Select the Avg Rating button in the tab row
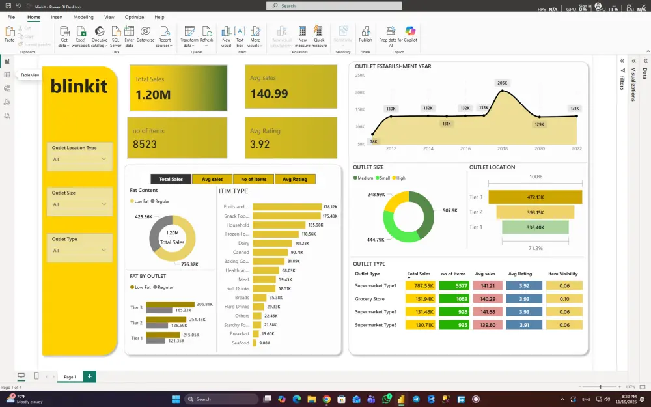[x=295, y=179]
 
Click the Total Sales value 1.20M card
[x=153, y=95]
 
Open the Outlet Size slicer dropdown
[x=104, y=204]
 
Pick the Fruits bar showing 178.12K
[x=286, y=206]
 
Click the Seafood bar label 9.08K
[x=264, y=343]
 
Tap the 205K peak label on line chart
[x=502, y=83]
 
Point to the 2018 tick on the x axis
[x=503, y=148]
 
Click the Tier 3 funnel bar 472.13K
[x=535, y=197]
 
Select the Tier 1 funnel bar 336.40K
[x=535, y=227]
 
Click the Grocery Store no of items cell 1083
[x=462, y=299]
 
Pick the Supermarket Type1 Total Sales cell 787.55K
[x=420, y=285]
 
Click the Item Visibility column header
[x=564, y=274]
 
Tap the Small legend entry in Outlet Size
[x=383, y=178]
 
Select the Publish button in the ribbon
[x=365, y=35]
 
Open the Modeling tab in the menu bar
[x=83, y=17]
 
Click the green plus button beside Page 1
[x=89, y=376]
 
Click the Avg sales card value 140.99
[x=269, y=94]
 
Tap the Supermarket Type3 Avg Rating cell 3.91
[x=524, y=325]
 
